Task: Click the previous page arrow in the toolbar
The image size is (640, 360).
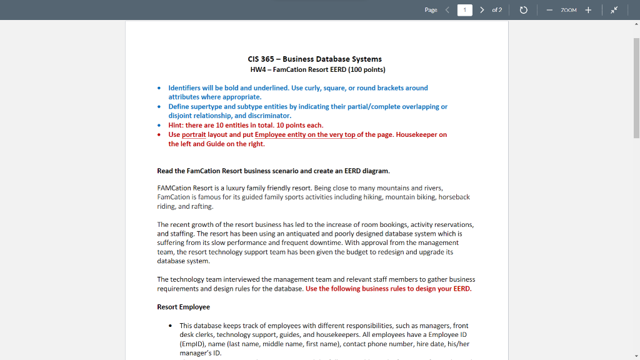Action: (x=447, y=10)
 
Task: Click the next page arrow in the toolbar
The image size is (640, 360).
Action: (x=482, y=10)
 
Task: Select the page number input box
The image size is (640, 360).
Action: (x=464, y=10)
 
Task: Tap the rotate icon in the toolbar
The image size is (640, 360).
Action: (x=524, y=10)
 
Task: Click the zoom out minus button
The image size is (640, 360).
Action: (x=549, y=10)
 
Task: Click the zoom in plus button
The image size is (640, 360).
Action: (x=588, y=10)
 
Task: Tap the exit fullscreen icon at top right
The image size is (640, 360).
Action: (x=614, y=10)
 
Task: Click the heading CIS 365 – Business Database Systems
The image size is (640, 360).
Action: (x=314, y=59)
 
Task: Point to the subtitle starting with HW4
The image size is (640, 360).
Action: (x=317, y=69)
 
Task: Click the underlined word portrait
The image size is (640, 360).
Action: (x=194, y=134)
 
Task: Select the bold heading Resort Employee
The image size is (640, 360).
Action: (x=183, y=307)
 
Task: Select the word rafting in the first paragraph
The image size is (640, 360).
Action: (x=202, y=206)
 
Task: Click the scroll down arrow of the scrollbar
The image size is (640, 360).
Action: (x=636, y=356)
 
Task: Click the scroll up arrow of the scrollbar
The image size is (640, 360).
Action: (x=636, y=24)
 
